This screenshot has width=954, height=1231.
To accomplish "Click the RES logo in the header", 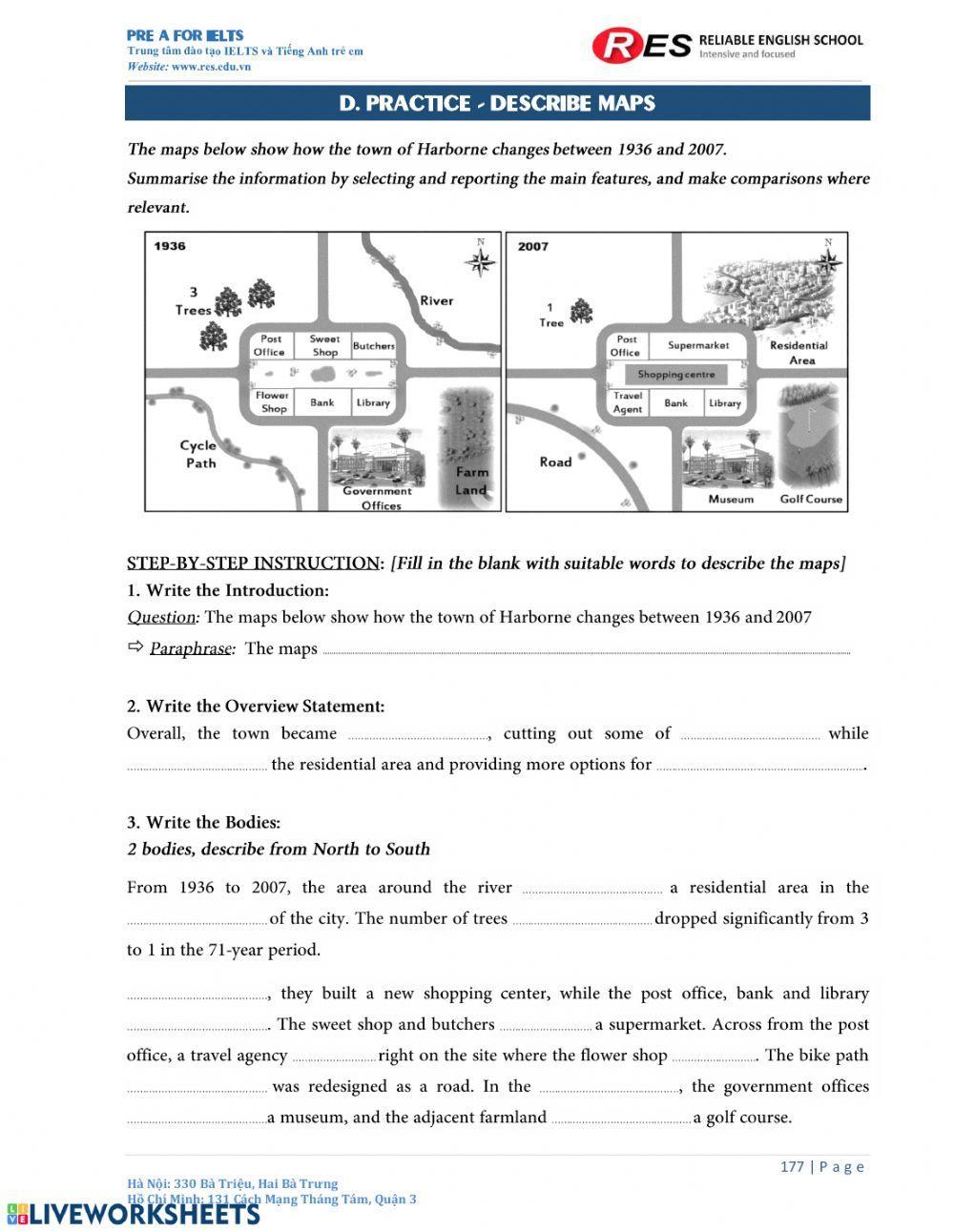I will point(641,45).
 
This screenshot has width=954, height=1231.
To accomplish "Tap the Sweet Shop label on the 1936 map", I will point(324,345).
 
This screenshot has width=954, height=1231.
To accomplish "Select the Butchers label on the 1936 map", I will point(373,346).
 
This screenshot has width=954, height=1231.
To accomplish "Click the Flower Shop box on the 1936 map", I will point(273,402).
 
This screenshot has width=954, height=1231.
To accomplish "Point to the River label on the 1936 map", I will point(437,300).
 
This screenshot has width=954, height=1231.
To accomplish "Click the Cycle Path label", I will point(198,454).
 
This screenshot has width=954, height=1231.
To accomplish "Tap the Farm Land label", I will point(471,481).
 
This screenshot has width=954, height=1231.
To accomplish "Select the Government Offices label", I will point(380,499).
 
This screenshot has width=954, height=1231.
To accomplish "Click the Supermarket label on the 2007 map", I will point(698,345).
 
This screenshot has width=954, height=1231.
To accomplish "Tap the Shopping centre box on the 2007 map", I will point(676,375).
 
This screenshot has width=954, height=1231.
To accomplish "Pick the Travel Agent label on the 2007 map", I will point(628,402).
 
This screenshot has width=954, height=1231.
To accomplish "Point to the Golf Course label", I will point(811,499).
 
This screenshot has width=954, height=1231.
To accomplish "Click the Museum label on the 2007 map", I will point(731,499).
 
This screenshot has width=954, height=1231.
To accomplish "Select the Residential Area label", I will point(799,353).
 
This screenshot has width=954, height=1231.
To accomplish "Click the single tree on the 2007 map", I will point(580,311).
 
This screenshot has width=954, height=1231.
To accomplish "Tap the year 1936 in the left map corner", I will point(170,246).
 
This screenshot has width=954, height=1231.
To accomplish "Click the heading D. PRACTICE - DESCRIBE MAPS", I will point(497,103).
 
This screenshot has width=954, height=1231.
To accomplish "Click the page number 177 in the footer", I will point(792,1166).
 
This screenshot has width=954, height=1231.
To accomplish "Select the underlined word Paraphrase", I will point(191,648).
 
